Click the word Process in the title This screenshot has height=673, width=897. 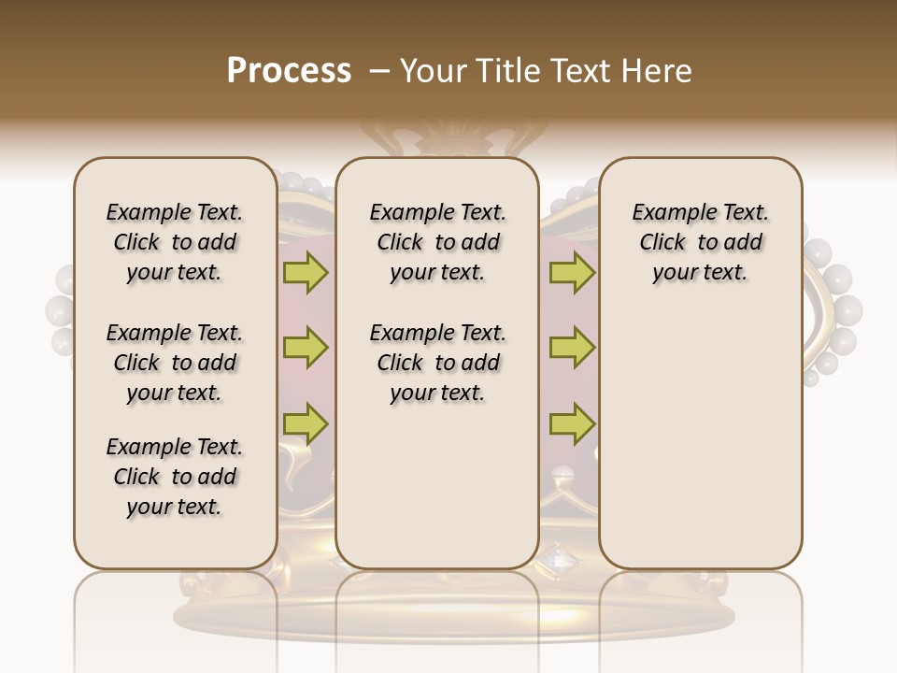[x=289, y=70]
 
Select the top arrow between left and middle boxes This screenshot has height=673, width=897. [x=306, y=273]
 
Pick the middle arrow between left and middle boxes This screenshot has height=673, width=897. [x=306, y=349]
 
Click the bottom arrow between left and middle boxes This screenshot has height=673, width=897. [x=306, y=424]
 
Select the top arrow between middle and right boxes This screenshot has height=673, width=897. [x=572, y=273]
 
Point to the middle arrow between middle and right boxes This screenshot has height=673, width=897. [x=572, y=349]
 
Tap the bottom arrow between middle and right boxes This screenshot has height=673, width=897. [x=572, y=424]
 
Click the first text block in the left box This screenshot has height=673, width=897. [x=175, y=242]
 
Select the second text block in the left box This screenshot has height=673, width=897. [x=175, y=363]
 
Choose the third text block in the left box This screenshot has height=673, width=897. [x=175, y=477]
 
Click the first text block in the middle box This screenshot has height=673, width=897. [x=437, y=242]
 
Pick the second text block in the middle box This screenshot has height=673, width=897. [x=437, y=363]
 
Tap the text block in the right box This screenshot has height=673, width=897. [x=701, y=242]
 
